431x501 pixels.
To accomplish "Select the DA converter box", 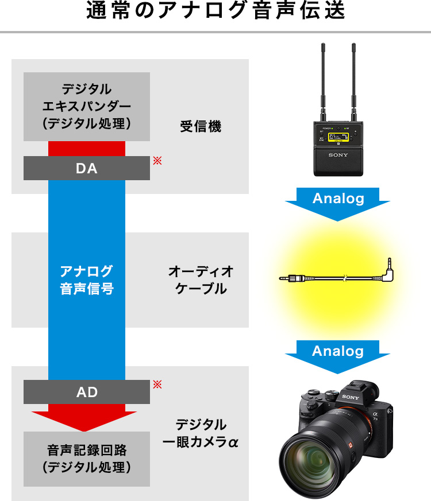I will [87, 168].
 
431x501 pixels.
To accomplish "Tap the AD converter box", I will [87, 392].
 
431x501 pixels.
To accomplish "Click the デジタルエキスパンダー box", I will [87, 106].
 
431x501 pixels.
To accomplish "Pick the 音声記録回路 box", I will [87, 459].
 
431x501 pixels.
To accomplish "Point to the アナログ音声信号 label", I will [87, 279].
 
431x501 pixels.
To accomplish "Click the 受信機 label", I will [201, 126].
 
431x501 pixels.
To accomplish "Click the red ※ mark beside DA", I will [157, 161].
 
